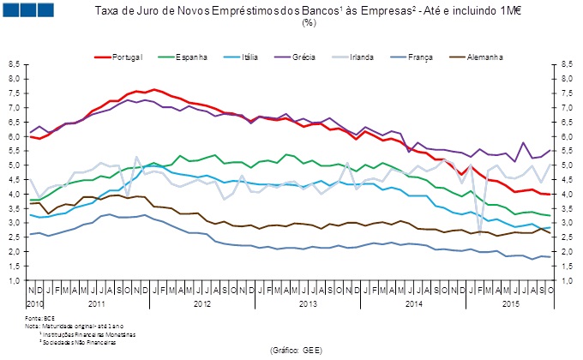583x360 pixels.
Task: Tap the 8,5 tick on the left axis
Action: coord(15,64)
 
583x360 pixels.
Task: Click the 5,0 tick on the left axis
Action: coord(15,165)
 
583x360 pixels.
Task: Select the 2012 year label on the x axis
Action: coord(201,303)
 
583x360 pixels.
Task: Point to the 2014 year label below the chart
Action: coord(412,303)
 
